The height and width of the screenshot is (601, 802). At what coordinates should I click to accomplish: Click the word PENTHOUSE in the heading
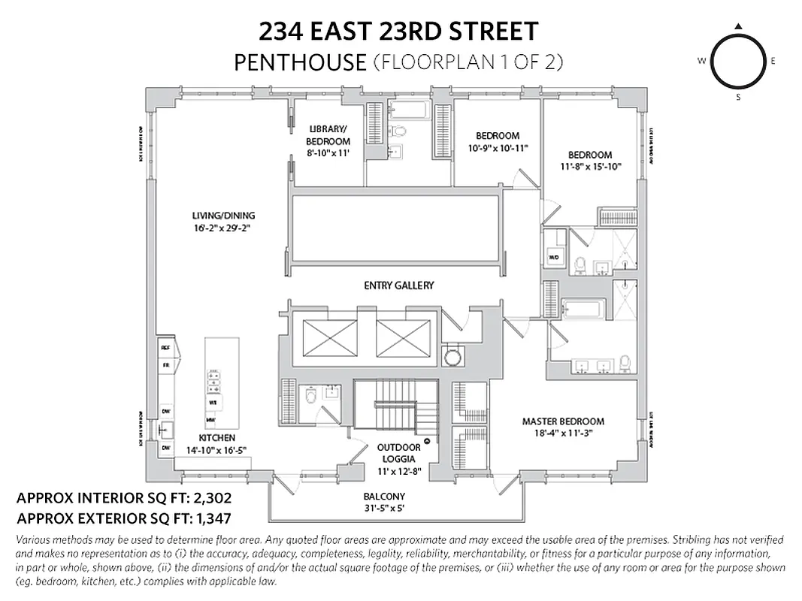299,62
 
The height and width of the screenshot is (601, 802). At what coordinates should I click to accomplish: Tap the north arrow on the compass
738,26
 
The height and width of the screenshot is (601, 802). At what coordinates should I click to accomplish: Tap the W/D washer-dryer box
554,257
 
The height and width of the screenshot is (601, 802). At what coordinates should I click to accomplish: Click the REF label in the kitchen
166,349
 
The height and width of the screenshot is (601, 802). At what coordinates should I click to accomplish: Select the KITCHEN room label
216,437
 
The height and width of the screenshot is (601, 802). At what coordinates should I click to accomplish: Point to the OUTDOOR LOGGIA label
398,453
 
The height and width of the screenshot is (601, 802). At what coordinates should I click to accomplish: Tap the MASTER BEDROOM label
563,421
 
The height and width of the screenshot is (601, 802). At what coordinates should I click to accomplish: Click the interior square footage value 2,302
206,497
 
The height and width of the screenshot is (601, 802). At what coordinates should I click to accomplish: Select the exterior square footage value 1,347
207,517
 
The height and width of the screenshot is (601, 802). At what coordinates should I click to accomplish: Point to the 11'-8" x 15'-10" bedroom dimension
590,167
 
